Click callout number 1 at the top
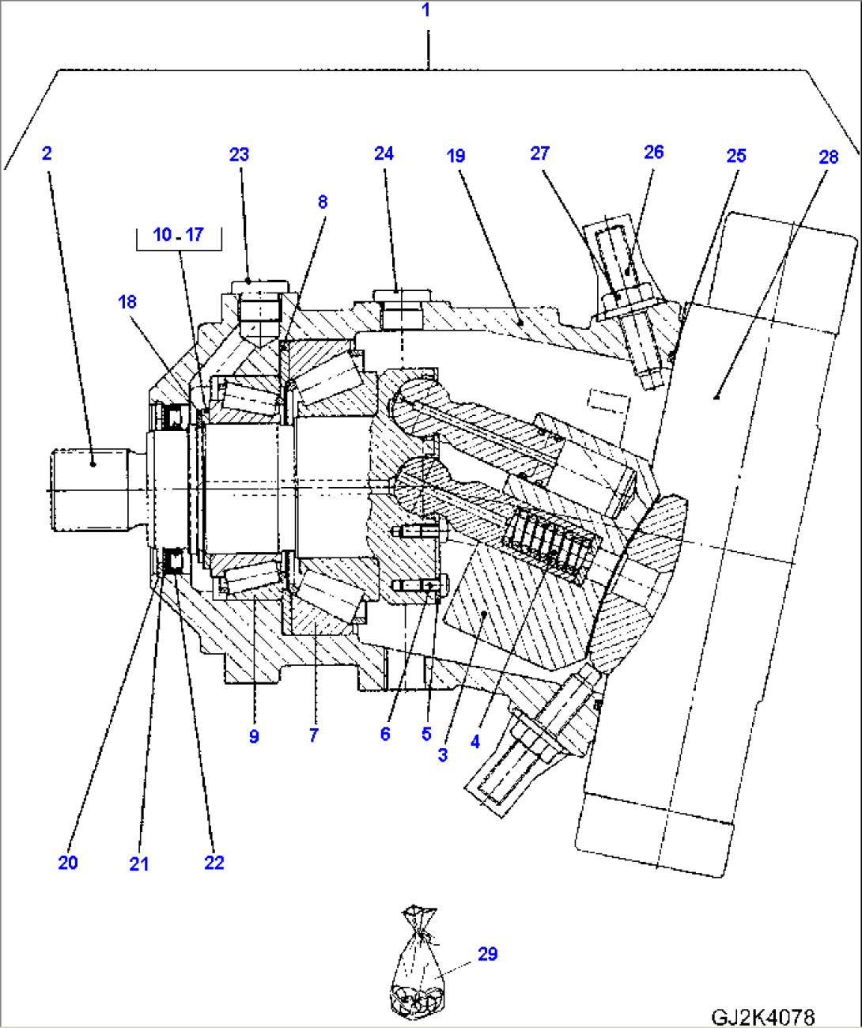pos(426,10)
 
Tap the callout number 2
pos(47,153)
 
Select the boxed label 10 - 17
pos(179,235)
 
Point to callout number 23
pos(239,155)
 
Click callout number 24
pos(384,153)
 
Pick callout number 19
pos(456,156)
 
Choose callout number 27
pos(539,153)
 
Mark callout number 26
pos(654,152)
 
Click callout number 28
pos(828,157)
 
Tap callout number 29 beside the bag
pos(488,954)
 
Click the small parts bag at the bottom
pos(418,969)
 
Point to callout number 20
pos(68,863)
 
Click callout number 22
pos(214,863)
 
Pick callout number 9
pos(254,736)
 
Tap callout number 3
pos(443,755)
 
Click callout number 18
pos(127,302)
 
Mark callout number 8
pos(323,202)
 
